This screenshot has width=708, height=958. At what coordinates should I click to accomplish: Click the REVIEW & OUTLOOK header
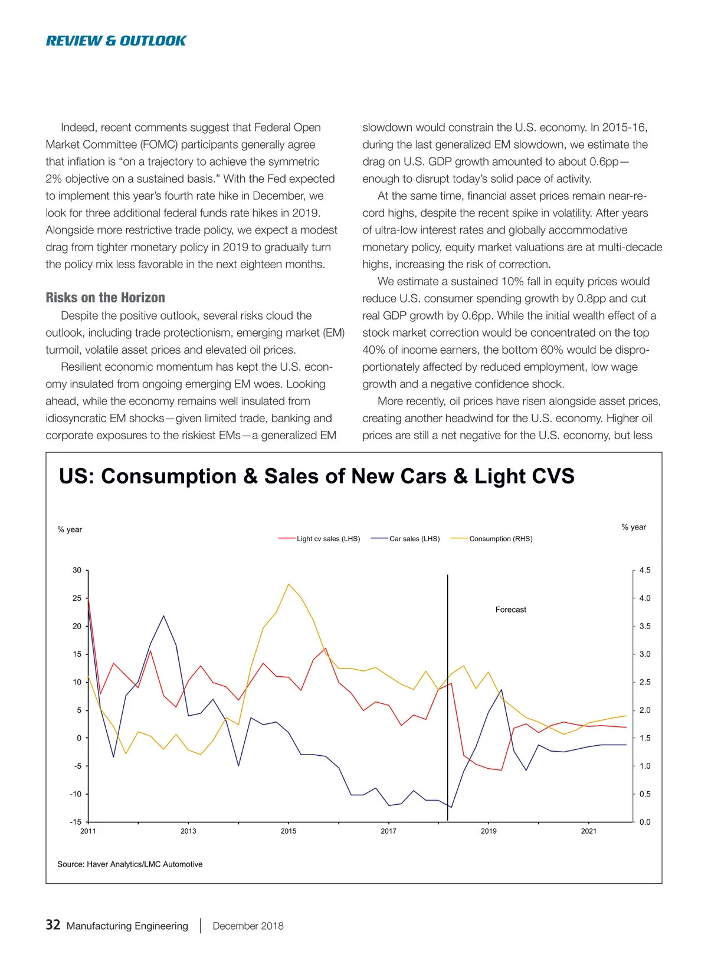pyautogui.click(x=116, y=41)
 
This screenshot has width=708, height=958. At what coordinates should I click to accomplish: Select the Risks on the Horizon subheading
pyautogui.click(x=105, y=298)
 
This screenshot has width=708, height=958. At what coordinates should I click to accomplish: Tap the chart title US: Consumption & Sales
pyautogui.click(x=316, y=476)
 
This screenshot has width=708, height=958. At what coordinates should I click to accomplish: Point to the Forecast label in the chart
pyautogui.click(x=510, y=610)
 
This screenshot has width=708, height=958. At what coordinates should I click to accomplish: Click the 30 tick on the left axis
pyautogui.click(x=77, y=570)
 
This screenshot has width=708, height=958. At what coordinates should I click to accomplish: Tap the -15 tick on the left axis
pyautogui.click(x=76, y=822)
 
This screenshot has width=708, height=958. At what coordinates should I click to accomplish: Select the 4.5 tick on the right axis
pyautogui.click(x=645, y=570)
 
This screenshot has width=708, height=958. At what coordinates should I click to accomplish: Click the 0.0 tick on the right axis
pyautogui.click(x=645, y=822)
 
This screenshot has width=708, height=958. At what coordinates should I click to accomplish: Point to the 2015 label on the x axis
pyautogui.click(x=289, y=831)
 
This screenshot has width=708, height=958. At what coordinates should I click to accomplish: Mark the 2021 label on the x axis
pyautogui.click(x=588, y=831)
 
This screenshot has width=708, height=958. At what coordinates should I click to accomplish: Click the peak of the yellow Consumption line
pyautogui.click(x=289, y=584)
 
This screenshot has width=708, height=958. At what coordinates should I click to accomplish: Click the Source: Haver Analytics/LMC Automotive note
pyautogui.click(x=130, y=864)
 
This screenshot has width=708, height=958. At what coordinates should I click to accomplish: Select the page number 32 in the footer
pyautogui.click(x=53, y=924)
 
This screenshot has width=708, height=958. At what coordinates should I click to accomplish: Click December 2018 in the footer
pyautogui.click(x=248, y=926)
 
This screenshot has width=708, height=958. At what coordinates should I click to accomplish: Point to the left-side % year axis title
pyautogui.click(x=70, y=529)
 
